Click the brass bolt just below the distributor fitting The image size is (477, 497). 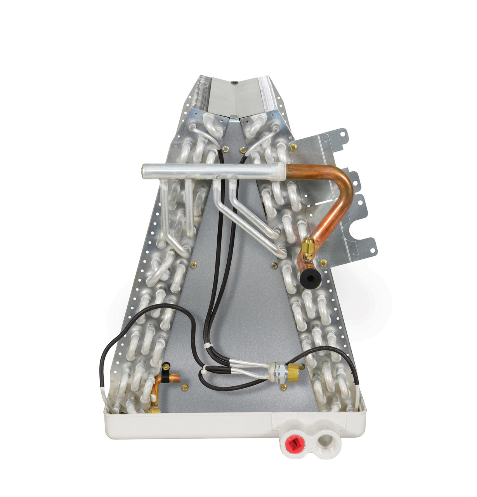tap(284, 387)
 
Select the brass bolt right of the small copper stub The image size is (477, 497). tap(185, 387)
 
